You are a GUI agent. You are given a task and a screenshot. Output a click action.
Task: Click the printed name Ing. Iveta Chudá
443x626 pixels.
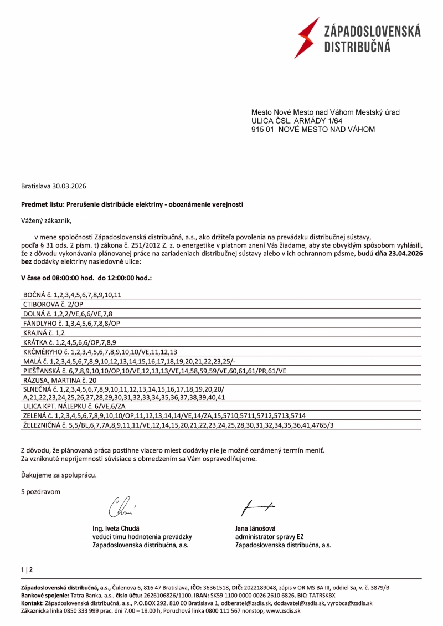tap(116, 528)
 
